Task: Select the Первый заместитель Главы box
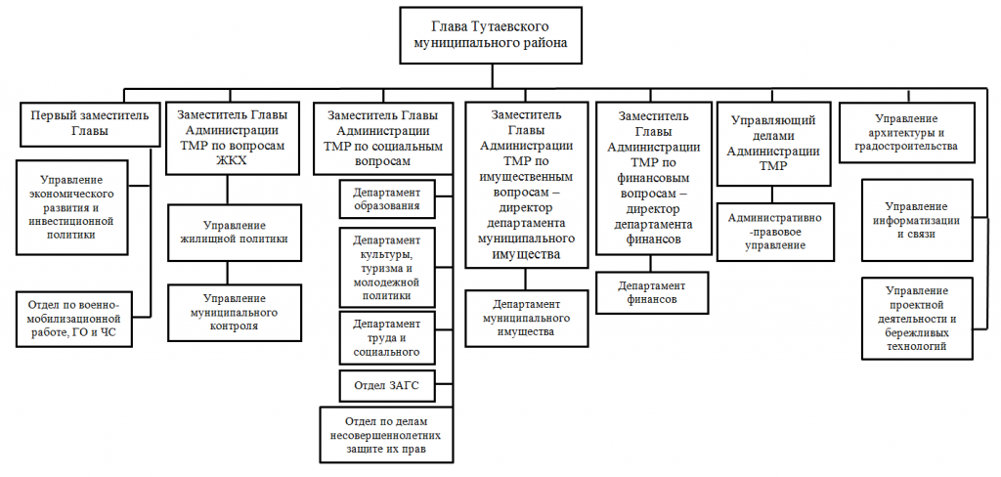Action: pos(89,122)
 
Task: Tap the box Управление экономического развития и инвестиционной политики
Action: pos(84,207)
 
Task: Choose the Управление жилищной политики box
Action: pos(231,232)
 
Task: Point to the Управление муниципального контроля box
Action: pos(231,312)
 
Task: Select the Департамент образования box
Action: pos(387,198)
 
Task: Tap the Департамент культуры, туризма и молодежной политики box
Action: pos(387,268)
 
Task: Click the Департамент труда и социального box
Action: pos(387,337)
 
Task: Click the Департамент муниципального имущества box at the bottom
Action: pos(526,318)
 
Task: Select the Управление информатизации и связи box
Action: pos(916,220)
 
